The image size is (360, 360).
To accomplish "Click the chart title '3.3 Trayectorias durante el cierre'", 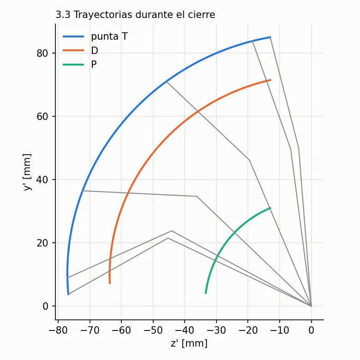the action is point(135,15).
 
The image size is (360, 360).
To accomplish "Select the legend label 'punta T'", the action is point(109,36).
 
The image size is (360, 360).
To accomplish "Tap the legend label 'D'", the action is point(95,50).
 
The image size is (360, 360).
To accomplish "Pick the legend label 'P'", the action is point(94,65).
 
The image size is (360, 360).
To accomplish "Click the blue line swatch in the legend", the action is point(73,36).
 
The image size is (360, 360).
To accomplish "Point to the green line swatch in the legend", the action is point(73,65).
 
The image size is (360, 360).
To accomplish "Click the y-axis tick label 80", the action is point(42,53).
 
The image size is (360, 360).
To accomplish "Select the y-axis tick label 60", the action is point(42,116).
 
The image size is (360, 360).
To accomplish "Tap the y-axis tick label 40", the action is point(42,180).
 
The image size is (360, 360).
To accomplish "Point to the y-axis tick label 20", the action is point(42,243).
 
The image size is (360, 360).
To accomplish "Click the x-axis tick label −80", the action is point(58,330).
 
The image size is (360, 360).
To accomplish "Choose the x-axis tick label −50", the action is point(153,330).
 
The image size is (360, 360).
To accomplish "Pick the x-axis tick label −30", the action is point(216,330).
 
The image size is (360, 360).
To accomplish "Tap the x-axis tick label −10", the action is point(280,330).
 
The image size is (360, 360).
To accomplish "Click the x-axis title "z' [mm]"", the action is point(189,343).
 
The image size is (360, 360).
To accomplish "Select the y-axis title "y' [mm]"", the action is point(27,172).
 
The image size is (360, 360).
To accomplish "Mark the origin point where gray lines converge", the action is point(312,306).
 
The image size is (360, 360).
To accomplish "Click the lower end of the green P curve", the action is point(206,293).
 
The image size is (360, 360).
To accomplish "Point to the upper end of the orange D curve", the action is point(270,80).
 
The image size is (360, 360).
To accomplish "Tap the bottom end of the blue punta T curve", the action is point(68,294).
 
